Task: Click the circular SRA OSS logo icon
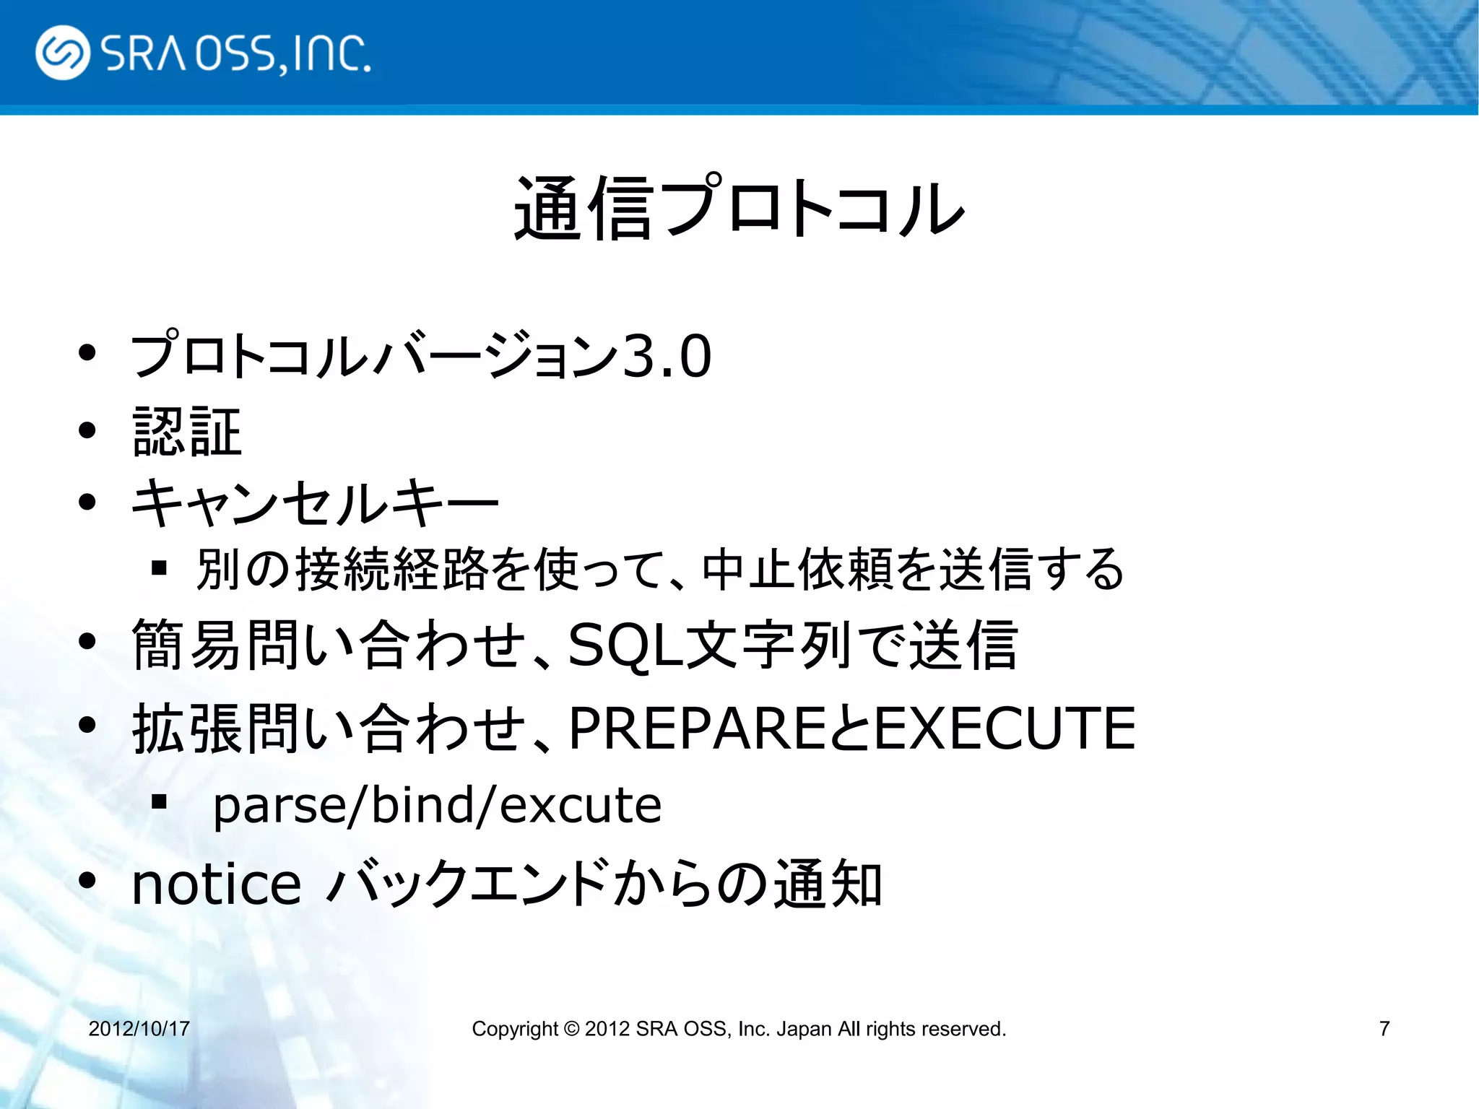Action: coord(63,53)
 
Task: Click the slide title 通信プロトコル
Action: coord(739,209)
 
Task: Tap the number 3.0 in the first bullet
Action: coord(667,356)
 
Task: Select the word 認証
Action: coord(187,432)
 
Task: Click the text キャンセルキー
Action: coord(315,503)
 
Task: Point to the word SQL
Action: coord(625,645)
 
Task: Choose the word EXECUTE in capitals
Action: coord(1005,728)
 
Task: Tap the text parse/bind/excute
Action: coord(437,805)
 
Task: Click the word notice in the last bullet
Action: coord(216,884)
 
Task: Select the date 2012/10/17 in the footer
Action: coord(139,1028)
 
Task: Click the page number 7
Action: coord(1384,1028)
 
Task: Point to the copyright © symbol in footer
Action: coord(571,1028)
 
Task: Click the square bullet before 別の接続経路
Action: coord(160,568)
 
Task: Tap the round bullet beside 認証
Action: coord(87,431)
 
